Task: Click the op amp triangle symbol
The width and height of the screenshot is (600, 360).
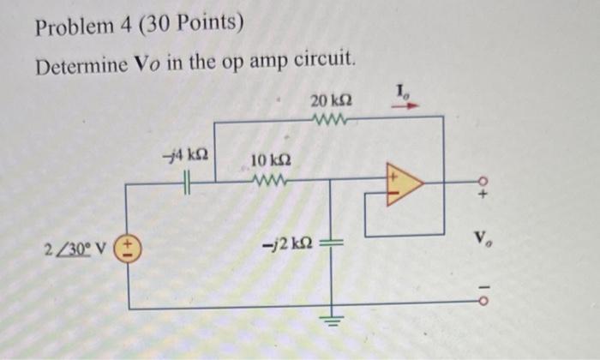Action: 403,184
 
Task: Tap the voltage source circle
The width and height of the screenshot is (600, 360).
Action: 128,249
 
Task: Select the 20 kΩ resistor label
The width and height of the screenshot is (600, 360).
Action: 329,102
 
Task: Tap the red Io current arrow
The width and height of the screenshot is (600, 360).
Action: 408,107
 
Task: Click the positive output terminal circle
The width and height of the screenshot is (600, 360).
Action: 483,181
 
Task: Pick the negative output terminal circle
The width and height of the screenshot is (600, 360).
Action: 483,301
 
